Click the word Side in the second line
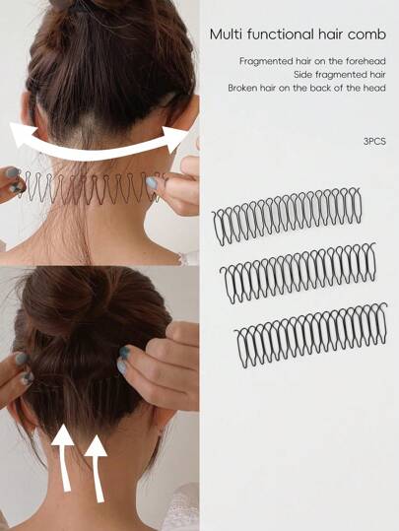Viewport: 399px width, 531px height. click(301, 75)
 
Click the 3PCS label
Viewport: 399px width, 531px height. click(374, 141)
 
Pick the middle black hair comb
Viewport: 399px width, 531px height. click(299, 272)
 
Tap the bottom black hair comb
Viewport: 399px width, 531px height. click(310, 334)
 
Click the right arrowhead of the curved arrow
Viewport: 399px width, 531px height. click(175, 139)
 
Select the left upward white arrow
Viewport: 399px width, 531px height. click(63, 456)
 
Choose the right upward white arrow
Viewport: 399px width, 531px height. click(96, 467)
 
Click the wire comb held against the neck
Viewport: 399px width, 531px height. click(90, 188)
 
